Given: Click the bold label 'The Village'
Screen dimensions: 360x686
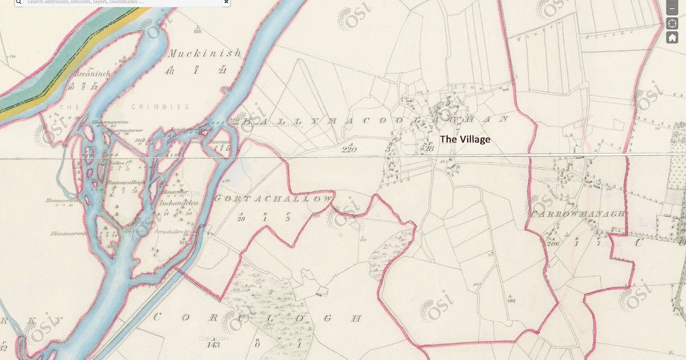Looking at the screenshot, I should point(465,139).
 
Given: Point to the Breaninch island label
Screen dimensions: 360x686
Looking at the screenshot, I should point(91,74).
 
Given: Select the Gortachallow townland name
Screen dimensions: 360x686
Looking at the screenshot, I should point(273,198).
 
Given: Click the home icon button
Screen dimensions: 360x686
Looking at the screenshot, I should point(672,38).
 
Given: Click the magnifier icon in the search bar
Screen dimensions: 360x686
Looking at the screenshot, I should point(18,2).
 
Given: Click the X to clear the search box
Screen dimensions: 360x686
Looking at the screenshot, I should point(226,2).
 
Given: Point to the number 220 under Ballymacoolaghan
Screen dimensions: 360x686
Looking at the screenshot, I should point(348,150).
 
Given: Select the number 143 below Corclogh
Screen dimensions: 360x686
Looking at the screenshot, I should point(214,345).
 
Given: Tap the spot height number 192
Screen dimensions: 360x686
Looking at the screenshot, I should point(511,300).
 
